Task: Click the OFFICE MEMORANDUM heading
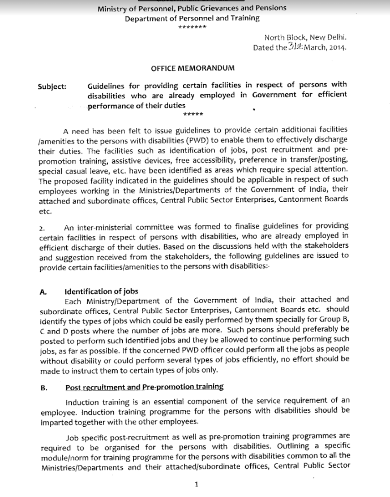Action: pos(192,68)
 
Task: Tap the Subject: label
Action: pos(52,87)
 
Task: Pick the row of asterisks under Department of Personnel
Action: pos(192,27)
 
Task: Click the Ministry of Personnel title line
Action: pos(192,8)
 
